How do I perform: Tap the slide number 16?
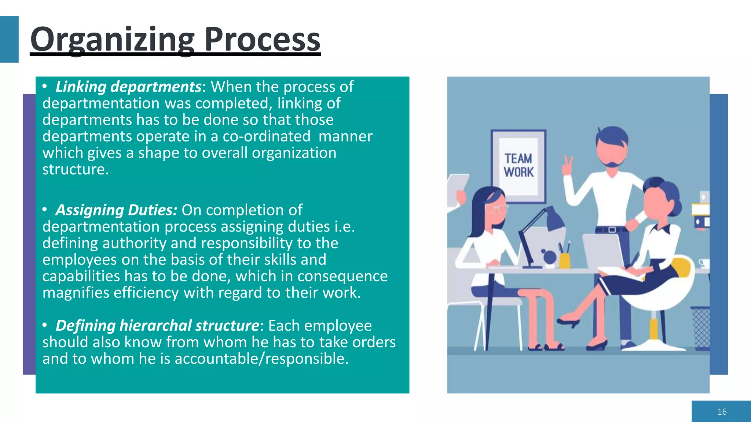[x=722, y=412]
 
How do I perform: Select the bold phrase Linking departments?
[x=128, y=87]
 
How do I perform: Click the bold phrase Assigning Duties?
[x=116, y=210]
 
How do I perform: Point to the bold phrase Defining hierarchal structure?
[x=157, y=326]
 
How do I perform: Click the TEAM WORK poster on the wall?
[x=519, y=166]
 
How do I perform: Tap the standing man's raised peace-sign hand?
[x=568, y=166]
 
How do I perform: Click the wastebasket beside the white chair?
[x=700, y=328]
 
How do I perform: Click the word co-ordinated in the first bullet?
[x=266, y=137]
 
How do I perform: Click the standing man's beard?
[x=612, y=163]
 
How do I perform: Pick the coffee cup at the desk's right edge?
[x=704, y=263]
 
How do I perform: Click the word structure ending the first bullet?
[x=75, y=170]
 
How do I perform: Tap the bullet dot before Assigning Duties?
[x=45, y=210]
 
